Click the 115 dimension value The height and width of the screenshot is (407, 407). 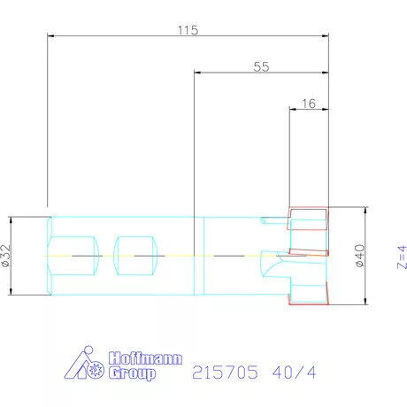[188, 30]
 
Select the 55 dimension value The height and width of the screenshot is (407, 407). [261, 67]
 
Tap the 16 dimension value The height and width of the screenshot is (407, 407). [309, 104]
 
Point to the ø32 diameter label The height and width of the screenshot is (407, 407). [5, 256]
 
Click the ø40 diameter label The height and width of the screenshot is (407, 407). [360, 256]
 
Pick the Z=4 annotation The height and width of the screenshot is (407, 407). [402, 257]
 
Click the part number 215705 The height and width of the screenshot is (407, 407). [225, 372]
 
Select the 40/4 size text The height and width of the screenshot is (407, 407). [295, 372]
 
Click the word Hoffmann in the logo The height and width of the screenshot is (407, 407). [145, 358]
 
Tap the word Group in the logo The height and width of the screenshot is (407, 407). [132, 373]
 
